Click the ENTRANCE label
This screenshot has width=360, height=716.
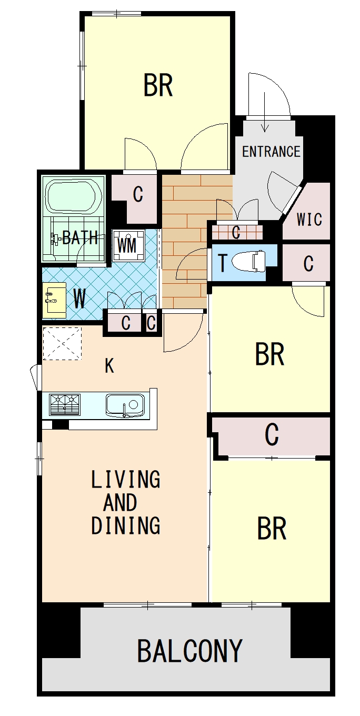click(271, 152)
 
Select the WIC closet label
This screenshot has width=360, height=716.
click(309, 219)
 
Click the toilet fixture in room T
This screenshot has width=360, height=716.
click(249, 260)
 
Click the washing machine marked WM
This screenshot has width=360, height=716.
click(127, 245)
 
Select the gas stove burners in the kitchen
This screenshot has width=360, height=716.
click(64, 405)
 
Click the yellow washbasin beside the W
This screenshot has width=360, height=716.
click(54, 300)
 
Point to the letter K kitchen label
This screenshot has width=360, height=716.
click(109, 366)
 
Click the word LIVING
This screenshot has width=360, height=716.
click(125, 479)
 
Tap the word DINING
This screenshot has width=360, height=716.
click(126, 525)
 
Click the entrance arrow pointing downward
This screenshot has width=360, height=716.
click(264, 112)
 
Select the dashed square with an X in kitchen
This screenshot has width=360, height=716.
click(62, 344)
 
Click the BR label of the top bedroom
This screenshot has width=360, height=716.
click(158, 85)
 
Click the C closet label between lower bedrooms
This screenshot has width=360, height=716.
click(272, 435)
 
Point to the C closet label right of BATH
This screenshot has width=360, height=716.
click(138, 194)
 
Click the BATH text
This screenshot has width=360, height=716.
click(80, 237)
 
